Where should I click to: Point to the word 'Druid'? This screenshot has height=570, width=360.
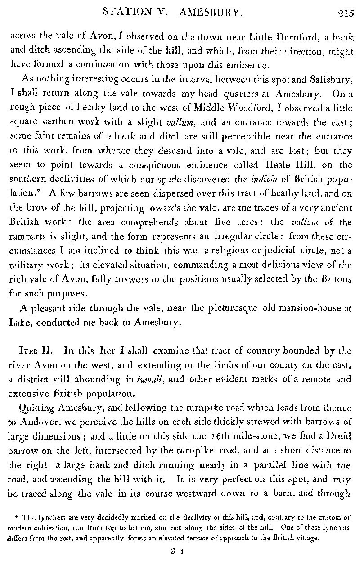[339, 436]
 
